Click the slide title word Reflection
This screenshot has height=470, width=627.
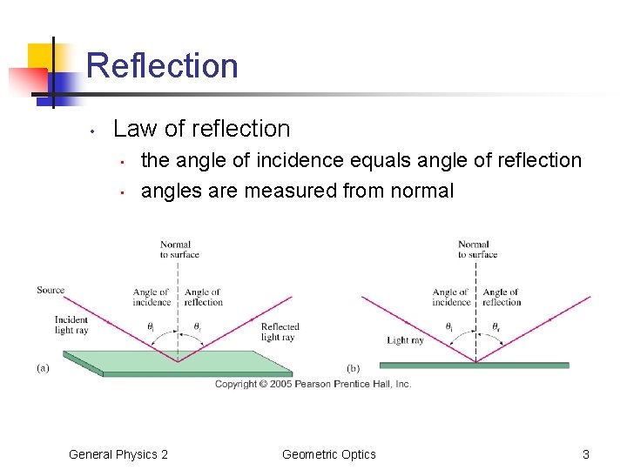(162, 66)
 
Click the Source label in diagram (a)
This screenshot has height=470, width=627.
(51, 290)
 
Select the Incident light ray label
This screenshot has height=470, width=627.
(71, 325)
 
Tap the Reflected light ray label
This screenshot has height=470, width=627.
(280, 332)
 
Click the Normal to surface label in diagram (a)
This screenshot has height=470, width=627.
(179, 250)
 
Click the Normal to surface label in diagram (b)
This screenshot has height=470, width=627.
(477, 250)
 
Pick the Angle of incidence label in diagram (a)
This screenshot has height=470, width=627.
(152, 298)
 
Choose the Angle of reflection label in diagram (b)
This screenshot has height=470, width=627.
(502, 298)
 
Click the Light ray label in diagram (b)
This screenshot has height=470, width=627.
(405, 340)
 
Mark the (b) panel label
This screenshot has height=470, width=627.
(354, 368)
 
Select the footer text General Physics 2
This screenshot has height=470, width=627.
(118, 454)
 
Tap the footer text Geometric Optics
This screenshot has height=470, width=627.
(329, 454)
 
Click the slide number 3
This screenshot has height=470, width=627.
(586, 454)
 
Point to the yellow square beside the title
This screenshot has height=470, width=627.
(40, 57)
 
